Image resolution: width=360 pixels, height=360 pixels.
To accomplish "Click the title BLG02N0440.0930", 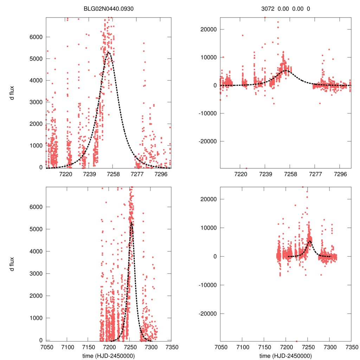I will pos(109,8).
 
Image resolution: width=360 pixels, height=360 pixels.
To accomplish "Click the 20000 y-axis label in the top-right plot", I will pos(207,29).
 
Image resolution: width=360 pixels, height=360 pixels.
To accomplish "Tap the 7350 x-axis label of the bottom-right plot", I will pos(351,347).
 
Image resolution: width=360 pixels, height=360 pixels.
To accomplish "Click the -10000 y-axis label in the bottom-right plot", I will pos(206,285).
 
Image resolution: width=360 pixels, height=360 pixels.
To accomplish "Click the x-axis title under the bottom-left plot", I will pos(109,355).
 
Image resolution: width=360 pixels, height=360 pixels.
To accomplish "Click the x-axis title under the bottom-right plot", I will pos(285,355).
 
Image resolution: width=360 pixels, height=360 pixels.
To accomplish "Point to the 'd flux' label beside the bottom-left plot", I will pos(12,264).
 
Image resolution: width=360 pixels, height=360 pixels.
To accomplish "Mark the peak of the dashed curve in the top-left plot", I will pos(109,53).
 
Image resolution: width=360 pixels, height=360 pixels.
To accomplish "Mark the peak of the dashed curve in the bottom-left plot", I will pos(131,222).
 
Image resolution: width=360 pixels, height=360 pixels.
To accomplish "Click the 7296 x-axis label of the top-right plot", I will pos(339,174).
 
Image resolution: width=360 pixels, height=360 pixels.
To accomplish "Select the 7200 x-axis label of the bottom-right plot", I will pos(285,347).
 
